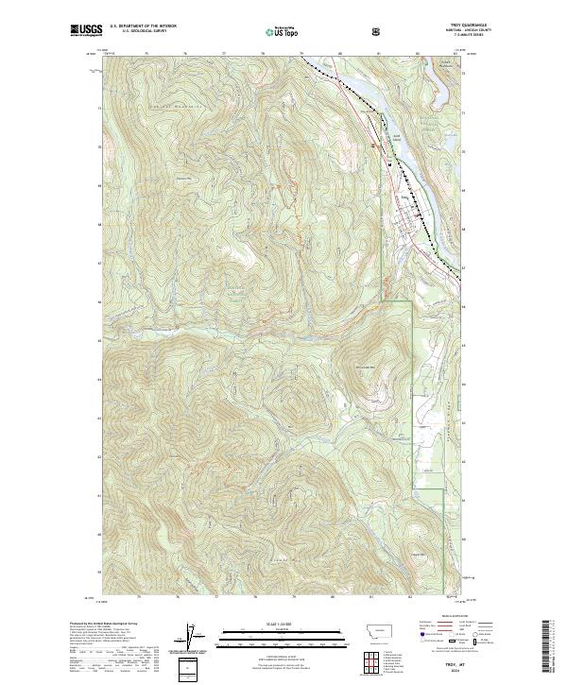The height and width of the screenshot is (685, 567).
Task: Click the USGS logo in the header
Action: click(x=86, y=30)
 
